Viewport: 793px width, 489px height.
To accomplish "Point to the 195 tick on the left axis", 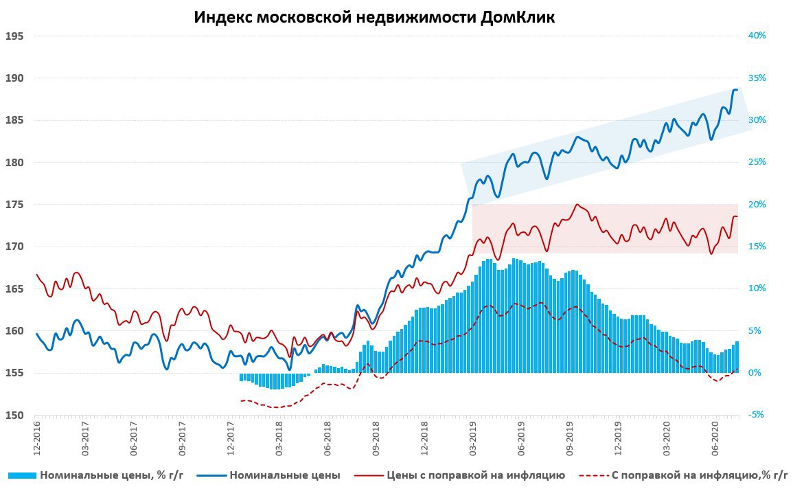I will [x=14, y=36].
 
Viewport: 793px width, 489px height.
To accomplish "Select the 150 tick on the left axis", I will [x=14, y=416].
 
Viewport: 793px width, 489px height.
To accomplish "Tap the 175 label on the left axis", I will [x=14, y=205].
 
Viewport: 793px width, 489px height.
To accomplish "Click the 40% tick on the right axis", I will [x=756, y=36].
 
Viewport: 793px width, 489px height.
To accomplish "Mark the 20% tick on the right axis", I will [x=756, y=205].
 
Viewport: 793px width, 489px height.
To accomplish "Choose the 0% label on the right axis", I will [x=755, y=373].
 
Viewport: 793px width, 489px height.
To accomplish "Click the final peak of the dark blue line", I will [x=735, y=89].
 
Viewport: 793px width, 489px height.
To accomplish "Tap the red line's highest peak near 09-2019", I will [x=577, y=205].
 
